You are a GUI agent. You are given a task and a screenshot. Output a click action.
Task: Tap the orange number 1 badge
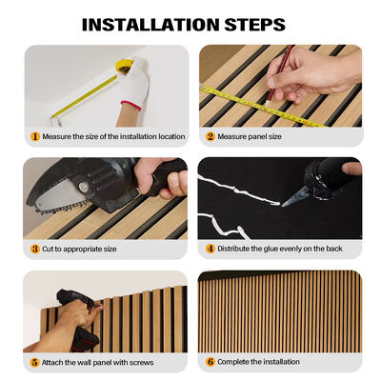point(35,136)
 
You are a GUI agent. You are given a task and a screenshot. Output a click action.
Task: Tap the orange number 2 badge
point(211,136)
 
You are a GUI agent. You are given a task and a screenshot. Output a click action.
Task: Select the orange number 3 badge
point(35,249)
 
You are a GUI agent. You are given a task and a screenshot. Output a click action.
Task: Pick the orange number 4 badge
point(211,249)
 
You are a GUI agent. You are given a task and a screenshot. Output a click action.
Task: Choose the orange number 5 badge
point(35,362)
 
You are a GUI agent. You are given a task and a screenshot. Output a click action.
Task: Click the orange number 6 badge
point(211,362)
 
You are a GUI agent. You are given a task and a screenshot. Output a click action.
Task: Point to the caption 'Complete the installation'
point(258,362)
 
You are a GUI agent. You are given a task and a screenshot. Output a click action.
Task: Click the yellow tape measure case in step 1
point(124,66)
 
